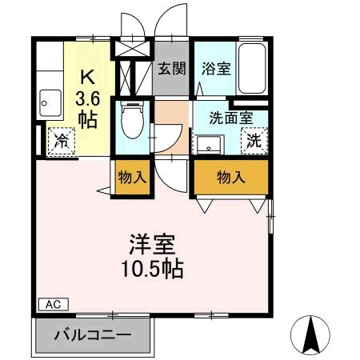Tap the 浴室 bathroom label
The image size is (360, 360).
(x=216, y=68)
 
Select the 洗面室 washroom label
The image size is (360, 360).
(x=231, y=118)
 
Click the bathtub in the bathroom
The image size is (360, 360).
(x=253, y=67)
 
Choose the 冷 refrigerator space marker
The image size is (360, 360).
(x=61, y=142)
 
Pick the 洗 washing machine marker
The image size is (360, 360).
(x=254, y=142)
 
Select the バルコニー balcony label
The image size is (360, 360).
(x=93, y=334)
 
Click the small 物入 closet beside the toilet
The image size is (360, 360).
(x=133, y=177)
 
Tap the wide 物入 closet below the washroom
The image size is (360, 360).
(x=230, y=177)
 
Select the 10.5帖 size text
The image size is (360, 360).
(x=153, y=268)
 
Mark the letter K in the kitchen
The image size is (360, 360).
(x=88, y=78)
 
